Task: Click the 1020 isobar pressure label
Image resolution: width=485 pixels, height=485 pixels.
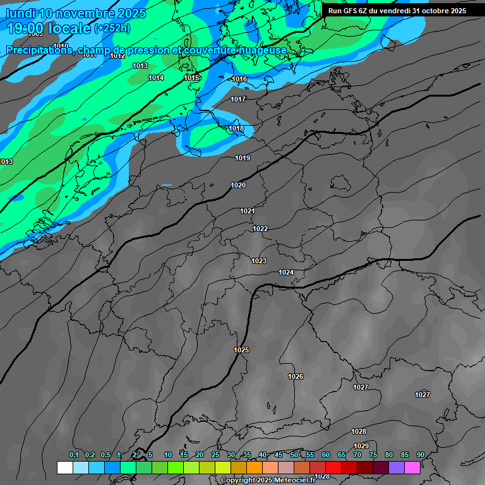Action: tap(238, 185)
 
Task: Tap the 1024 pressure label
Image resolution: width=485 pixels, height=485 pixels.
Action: tap(286, 272)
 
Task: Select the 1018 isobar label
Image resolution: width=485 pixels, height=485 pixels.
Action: tap(236, 128)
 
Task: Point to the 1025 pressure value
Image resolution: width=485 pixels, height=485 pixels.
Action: tap(241, 350)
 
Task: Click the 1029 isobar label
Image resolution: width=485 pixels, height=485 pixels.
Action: tap(361, 446)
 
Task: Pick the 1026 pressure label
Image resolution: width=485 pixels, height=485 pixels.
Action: tap(296, 376)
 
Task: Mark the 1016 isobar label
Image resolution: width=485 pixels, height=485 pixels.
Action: tap(239, 79)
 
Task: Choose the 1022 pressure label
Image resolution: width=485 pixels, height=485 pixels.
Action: tap(260, 229)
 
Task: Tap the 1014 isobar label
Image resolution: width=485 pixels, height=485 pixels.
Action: tap(156, 78)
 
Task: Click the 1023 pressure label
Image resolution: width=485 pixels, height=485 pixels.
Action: tap(259, 261)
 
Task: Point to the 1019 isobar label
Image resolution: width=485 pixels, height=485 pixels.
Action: tap(242, 158)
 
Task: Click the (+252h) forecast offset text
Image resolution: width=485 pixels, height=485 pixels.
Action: tap(112, 28)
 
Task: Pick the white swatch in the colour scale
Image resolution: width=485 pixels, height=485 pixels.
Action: tap(64, 467)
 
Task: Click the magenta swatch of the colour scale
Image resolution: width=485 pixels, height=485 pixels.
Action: tap(412, 467)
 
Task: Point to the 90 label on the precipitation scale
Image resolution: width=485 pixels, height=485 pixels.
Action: tap(421, 455)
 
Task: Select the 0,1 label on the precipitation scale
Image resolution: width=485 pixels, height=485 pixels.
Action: tap(74, 455)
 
